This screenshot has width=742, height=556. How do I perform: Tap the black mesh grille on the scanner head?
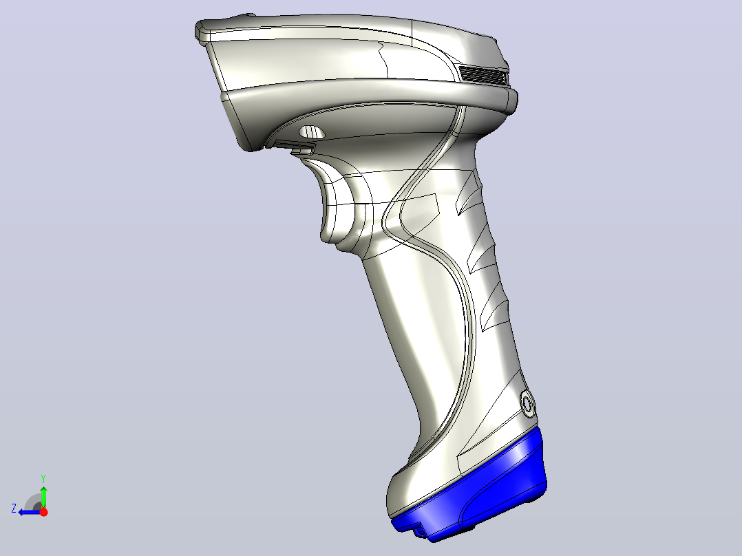tap(483, 75)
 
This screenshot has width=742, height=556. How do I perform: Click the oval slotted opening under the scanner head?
tap(312, 132)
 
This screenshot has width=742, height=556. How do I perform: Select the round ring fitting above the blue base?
tap(527, 404)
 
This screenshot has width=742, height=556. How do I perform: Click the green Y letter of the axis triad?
tap(43, 478)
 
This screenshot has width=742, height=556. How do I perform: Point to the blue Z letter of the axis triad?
tap(14, 509)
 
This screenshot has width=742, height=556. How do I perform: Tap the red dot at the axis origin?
tap(43, 512)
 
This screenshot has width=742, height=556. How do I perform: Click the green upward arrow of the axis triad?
tap(43, 497)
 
